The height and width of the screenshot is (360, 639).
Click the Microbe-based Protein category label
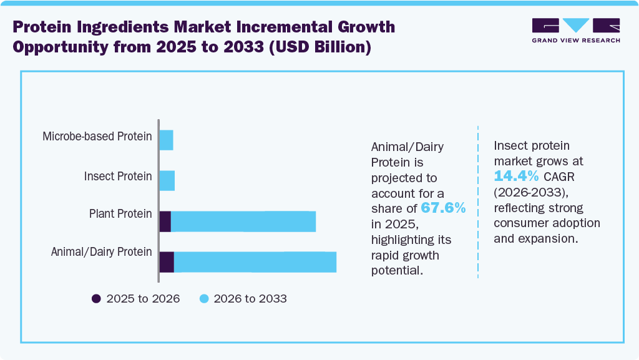tap(97, 136)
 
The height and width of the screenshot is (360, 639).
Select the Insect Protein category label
tap(118, 177)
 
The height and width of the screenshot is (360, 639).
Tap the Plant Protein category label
tap(120, 214)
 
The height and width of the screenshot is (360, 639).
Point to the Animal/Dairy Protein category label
tap(101, 252)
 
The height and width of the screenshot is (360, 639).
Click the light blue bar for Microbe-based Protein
tap(166, 140)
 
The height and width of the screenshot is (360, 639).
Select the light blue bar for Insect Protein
tap(167, 181)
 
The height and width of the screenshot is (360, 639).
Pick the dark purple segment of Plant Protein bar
tap(165, 221)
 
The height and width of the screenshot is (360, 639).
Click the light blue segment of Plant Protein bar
tap(243, 221)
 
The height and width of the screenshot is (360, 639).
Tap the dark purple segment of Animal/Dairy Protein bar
tap(167, 262)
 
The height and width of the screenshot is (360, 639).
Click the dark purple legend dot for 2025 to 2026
tap(96, 299)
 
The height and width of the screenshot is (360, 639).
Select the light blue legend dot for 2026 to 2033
tap(203, 299)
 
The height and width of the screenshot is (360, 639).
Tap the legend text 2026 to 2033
tap(250, 299)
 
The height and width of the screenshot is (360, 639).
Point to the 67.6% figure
tap(443, 208)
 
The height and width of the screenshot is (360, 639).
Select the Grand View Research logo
tap(575, 31)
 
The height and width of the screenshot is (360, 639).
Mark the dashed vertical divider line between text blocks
tap(478, 200)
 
